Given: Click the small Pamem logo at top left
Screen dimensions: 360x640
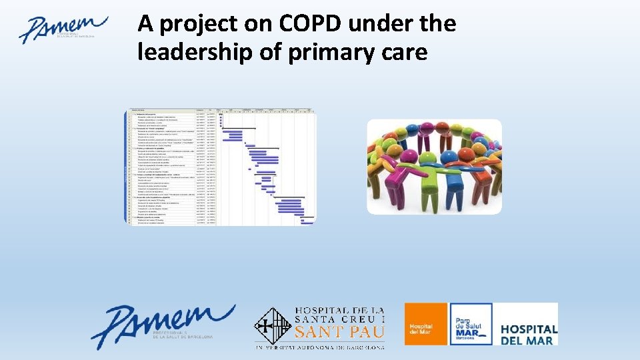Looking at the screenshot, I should point(63,29).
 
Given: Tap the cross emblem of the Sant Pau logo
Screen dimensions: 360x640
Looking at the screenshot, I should point(273,327).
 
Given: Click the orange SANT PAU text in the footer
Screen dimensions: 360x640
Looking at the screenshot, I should point(339,331).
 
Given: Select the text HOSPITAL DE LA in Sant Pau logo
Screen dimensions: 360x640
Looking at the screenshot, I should point(339,311).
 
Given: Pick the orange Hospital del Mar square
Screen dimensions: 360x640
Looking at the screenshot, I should point(425,324).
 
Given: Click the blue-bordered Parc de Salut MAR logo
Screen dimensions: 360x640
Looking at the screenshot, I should point(471,324).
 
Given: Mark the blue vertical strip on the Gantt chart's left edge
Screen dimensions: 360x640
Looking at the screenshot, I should point(126,166).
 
